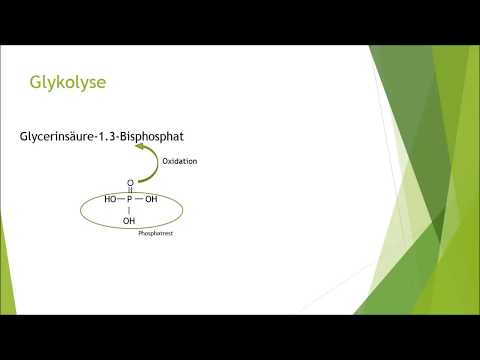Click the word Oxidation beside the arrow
pyautogui.click(x=179, y=159)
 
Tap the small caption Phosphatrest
pyautogui.click(x=158, y=231)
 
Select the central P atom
pyautogui.click(x=130, y=199)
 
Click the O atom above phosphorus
pyautogui.click(x=130, y=183)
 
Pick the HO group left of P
pyautogui.click(x=110, y=199)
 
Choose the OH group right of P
pyautogui.click(x=151, y=199)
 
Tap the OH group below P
pyautogui.click(x=129, y=221)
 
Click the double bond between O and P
pyautogui.click(x=130, y=191)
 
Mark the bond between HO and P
pyautogui.click(x=121, y=199)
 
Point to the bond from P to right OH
pyautogui.click(x=140, y=199)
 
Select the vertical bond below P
pyautogui.click(x=130, y=210)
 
